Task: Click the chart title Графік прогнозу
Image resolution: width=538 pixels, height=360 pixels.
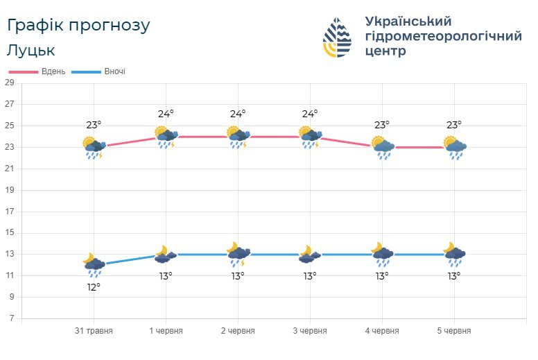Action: pos(78,26)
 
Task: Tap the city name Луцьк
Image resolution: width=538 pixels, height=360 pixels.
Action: pos(31,50)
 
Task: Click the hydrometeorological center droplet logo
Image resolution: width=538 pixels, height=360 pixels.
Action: pos(338,37)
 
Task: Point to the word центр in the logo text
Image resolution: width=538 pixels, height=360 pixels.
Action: pos(385,51)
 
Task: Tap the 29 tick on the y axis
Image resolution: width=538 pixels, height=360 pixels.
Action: pos(9,83)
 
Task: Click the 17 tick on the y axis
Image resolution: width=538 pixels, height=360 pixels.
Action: pos(9,212)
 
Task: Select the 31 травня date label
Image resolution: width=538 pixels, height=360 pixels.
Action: pos(94,331)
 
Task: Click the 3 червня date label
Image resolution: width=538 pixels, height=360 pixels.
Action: pos(310,331)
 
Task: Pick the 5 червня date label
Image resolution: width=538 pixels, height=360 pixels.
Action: pos(454,331)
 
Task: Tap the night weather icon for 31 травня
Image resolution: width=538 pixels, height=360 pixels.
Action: pos(94,264)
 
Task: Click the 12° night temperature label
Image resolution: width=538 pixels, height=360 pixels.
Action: pos(94,286)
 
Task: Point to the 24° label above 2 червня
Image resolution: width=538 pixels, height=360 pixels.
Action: pos(238,114)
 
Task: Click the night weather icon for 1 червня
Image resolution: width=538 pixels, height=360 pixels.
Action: pos(165,255)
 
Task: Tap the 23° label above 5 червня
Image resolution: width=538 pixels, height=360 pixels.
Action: pos(454,125)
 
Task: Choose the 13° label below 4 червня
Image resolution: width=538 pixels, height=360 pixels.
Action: pos(382,276)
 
